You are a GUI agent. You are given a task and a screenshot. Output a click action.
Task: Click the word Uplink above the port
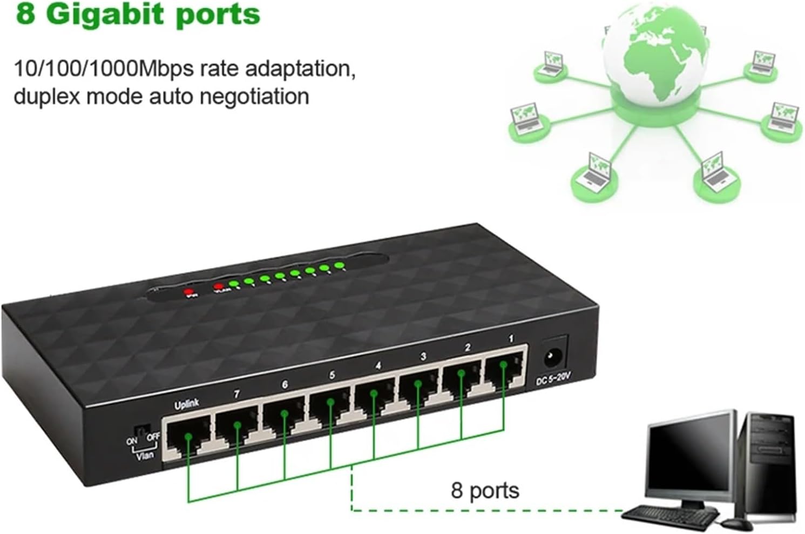pyautogui.click(x=186, y=404)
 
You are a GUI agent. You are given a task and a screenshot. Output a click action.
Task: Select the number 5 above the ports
pyautogui.click(x=332, y=375)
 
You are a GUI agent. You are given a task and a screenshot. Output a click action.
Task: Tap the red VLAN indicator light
pyautogui.click(x=218, y=286)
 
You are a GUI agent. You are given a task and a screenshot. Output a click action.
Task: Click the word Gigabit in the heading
pyautogui.click(x=99, y=14)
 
